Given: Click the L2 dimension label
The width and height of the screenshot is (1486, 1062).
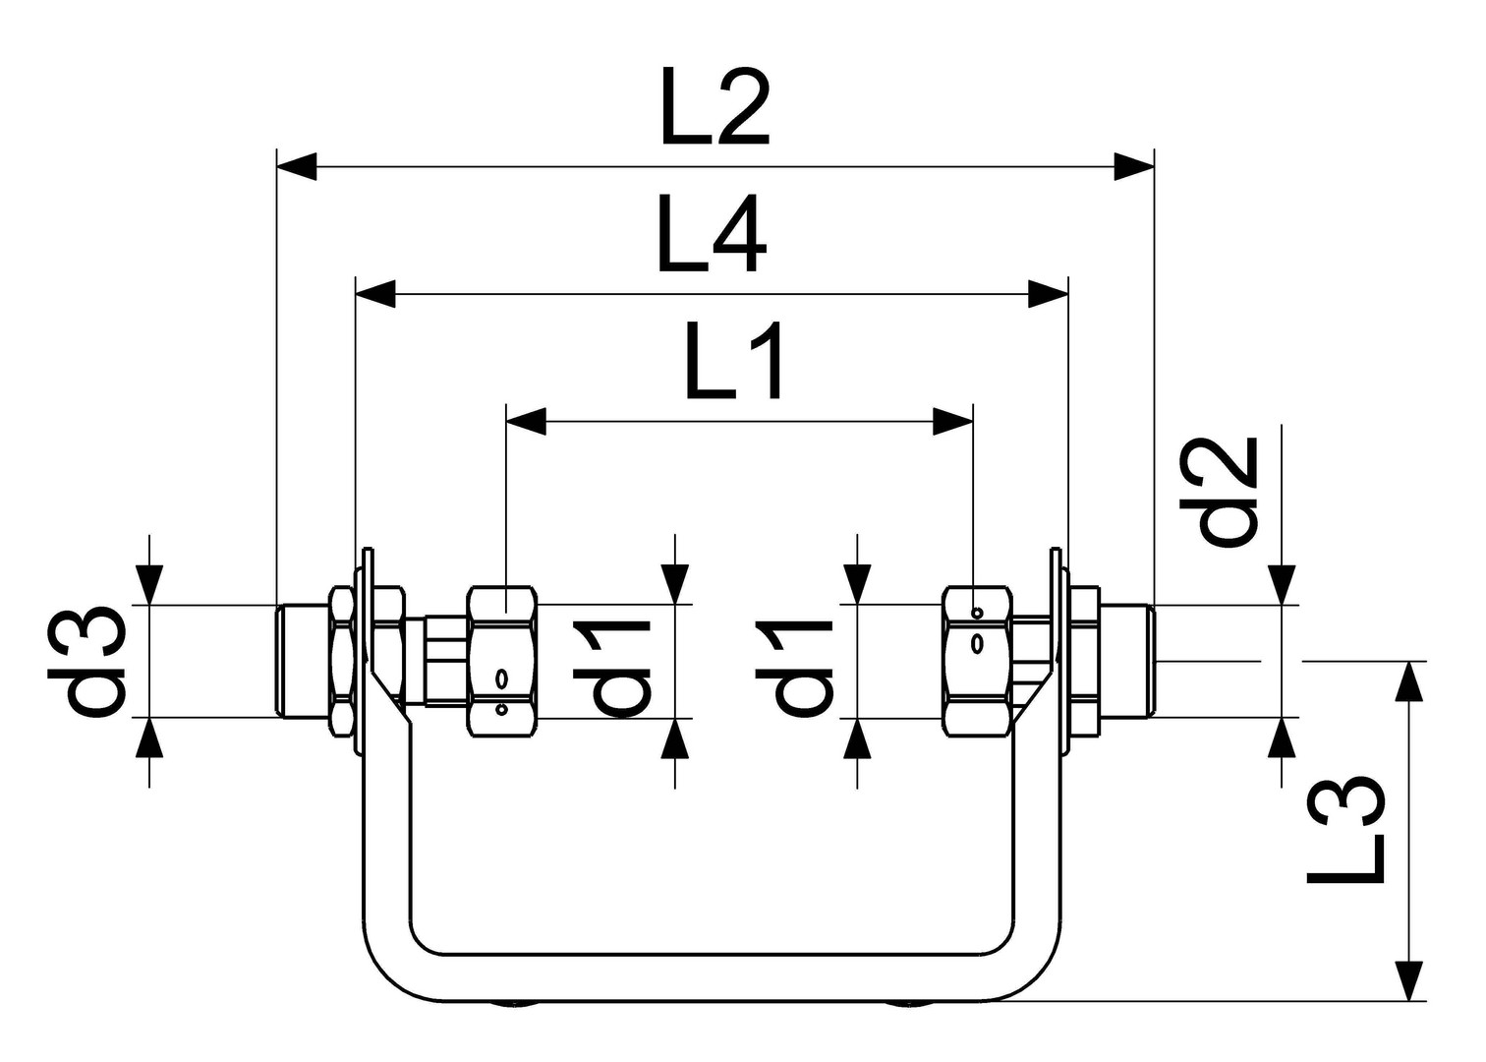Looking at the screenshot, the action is (715, 107).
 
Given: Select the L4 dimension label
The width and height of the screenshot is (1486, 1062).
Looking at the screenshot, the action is (712, 234).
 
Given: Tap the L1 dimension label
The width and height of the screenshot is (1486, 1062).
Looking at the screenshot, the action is (733, 361).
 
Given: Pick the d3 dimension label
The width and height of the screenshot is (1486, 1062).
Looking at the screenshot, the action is (86, 662).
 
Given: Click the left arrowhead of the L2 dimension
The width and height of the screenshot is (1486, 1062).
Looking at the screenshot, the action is (297, 166).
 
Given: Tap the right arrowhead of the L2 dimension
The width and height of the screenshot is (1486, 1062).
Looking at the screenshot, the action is (1134, 166).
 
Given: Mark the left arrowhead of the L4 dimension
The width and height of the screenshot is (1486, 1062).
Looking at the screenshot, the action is (376, 294).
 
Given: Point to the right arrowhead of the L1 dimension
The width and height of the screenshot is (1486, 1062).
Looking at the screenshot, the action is (952, 422).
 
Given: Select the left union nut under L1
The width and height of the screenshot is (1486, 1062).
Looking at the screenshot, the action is (502, 661).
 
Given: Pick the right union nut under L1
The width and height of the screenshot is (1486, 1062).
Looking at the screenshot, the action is (979, 661).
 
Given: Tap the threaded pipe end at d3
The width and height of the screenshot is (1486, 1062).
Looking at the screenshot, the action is (304, 661).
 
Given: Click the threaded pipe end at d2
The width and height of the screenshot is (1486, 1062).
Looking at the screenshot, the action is (1127, 661).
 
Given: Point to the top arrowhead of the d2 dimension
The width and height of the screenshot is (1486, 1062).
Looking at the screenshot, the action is (1281, 585).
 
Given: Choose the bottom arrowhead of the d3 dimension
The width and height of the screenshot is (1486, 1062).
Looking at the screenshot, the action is (149, 737).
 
